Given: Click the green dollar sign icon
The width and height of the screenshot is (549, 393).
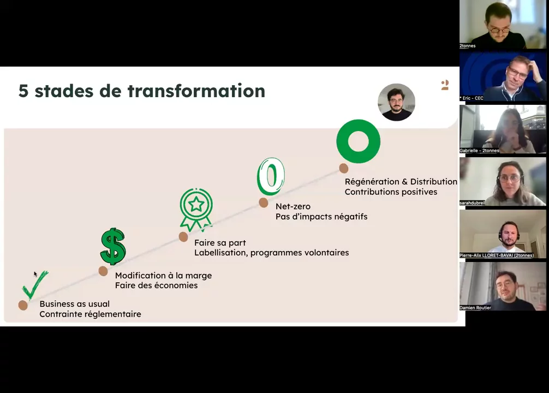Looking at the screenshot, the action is pos(113,246).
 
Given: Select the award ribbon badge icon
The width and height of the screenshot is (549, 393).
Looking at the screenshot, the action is pos(196,210).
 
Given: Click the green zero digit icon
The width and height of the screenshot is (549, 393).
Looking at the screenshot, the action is pos(271,176).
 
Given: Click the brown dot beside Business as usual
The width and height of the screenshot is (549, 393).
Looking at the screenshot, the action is pos(23,305).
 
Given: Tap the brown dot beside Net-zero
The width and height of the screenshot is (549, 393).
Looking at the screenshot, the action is pos(263,203).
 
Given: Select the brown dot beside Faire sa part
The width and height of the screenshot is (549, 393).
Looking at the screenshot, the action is pos(183,237).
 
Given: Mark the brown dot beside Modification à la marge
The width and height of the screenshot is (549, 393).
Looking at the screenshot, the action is pos(103,271).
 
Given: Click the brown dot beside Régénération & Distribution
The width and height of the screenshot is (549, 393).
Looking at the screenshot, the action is pos(343,169).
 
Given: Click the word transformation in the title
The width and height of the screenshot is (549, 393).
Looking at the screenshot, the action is pos(196,91).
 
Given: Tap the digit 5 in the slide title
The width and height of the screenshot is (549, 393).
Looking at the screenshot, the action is pos(23,91).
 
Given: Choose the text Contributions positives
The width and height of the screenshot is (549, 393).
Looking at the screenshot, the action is pos(391,192).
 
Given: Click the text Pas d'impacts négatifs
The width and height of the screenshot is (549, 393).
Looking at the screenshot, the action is pos(321,217).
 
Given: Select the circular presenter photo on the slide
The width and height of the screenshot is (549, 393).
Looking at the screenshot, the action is pos(396,102).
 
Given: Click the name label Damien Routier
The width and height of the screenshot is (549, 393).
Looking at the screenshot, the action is pos(475,307).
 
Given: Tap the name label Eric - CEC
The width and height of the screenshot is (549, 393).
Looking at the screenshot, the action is pos(472,98).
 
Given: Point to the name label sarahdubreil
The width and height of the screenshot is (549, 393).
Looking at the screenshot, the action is pos(472,203).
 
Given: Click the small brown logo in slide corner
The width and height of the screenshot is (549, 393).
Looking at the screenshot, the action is pos(445,85).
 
